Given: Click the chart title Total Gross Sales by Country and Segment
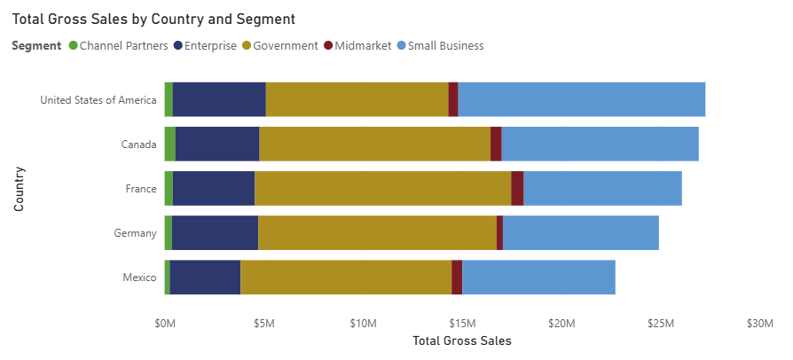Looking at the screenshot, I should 153,19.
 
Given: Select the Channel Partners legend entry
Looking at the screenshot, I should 123,45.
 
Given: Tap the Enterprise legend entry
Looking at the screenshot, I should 211,45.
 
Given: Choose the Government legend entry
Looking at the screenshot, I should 285,45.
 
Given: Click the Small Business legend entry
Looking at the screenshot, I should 445,45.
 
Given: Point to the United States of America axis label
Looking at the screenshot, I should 98,99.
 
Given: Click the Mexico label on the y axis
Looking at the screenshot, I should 140,278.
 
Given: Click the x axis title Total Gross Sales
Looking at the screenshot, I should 462,340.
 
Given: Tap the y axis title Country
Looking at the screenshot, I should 19,188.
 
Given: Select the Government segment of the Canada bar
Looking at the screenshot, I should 374,144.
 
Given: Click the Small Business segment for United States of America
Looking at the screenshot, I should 581,99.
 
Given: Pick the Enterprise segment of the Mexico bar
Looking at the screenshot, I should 205,278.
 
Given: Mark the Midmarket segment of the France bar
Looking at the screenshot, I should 517,188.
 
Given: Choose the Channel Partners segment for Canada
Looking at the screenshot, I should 169,144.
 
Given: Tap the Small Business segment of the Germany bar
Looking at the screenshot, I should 580,232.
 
